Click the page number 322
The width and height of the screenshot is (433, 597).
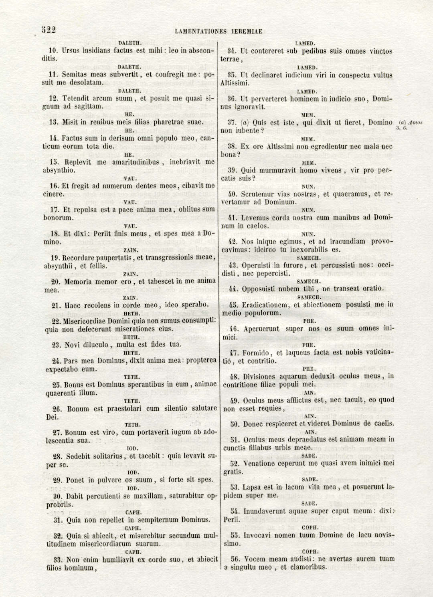point(49,30)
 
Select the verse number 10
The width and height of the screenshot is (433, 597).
point(53,51)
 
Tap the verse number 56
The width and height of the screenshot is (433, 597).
point(235,559)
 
